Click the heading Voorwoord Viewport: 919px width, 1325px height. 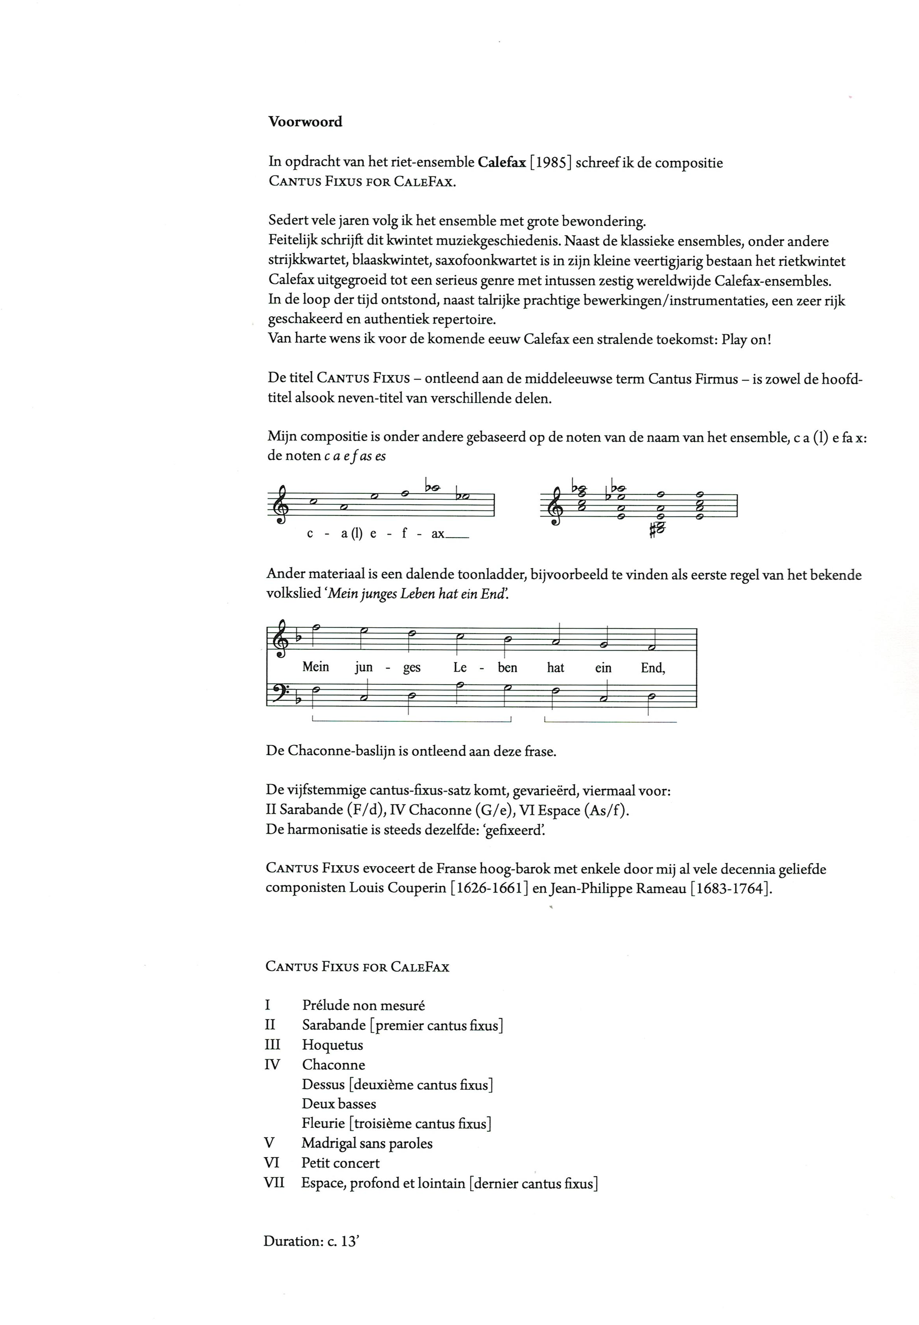[x=305, y=122]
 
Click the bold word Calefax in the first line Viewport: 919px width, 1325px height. [x=501, y=163]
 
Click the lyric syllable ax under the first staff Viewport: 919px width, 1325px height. [x=438, y=534]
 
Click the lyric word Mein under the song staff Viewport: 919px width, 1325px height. [x=315, y=667]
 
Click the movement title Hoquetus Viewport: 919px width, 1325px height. [x=332, y=1045]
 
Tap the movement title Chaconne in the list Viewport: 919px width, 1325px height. [x=333, y=1064]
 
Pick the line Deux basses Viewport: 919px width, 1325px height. [x=339, y=1103]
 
